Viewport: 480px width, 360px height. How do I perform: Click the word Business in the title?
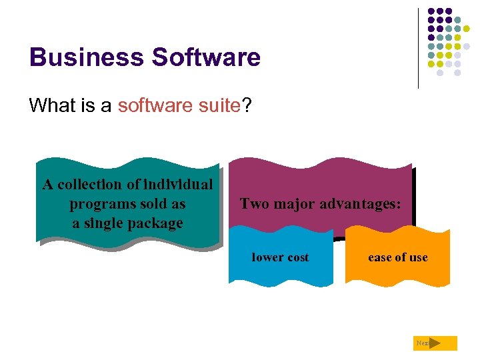(x=86, y=57)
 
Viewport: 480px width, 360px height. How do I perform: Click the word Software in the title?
(x=206, y=57)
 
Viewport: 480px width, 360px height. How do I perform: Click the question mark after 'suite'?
(x=247, y=105)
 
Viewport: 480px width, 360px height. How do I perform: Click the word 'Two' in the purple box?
(x=252, y=204)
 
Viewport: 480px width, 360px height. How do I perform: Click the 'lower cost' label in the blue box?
(x=280, y=258)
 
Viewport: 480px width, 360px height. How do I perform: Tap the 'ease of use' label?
(x=398, y=258)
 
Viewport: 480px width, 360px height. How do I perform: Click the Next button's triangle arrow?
(x=435, y=343)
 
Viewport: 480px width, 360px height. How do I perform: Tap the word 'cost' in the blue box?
(x=297, y=258)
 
